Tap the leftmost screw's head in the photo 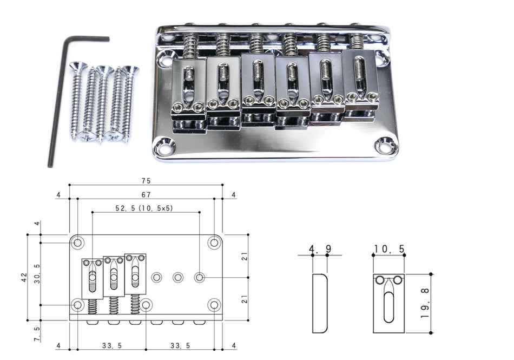[78, 67]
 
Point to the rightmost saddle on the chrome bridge [361, 81]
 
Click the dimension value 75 [146, 180]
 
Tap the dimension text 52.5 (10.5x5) [144, 208]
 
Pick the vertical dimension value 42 [23, 277]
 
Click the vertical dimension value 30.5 [36, 273]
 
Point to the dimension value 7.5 [36, 331]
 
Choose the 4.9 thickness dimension [320, 249]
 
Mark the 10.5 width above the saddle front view [388, 249]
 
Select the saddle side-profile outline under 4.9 [320, 303]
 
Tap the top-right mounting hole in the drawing [214, 242]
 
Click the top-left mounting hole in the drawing [78, 242]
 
